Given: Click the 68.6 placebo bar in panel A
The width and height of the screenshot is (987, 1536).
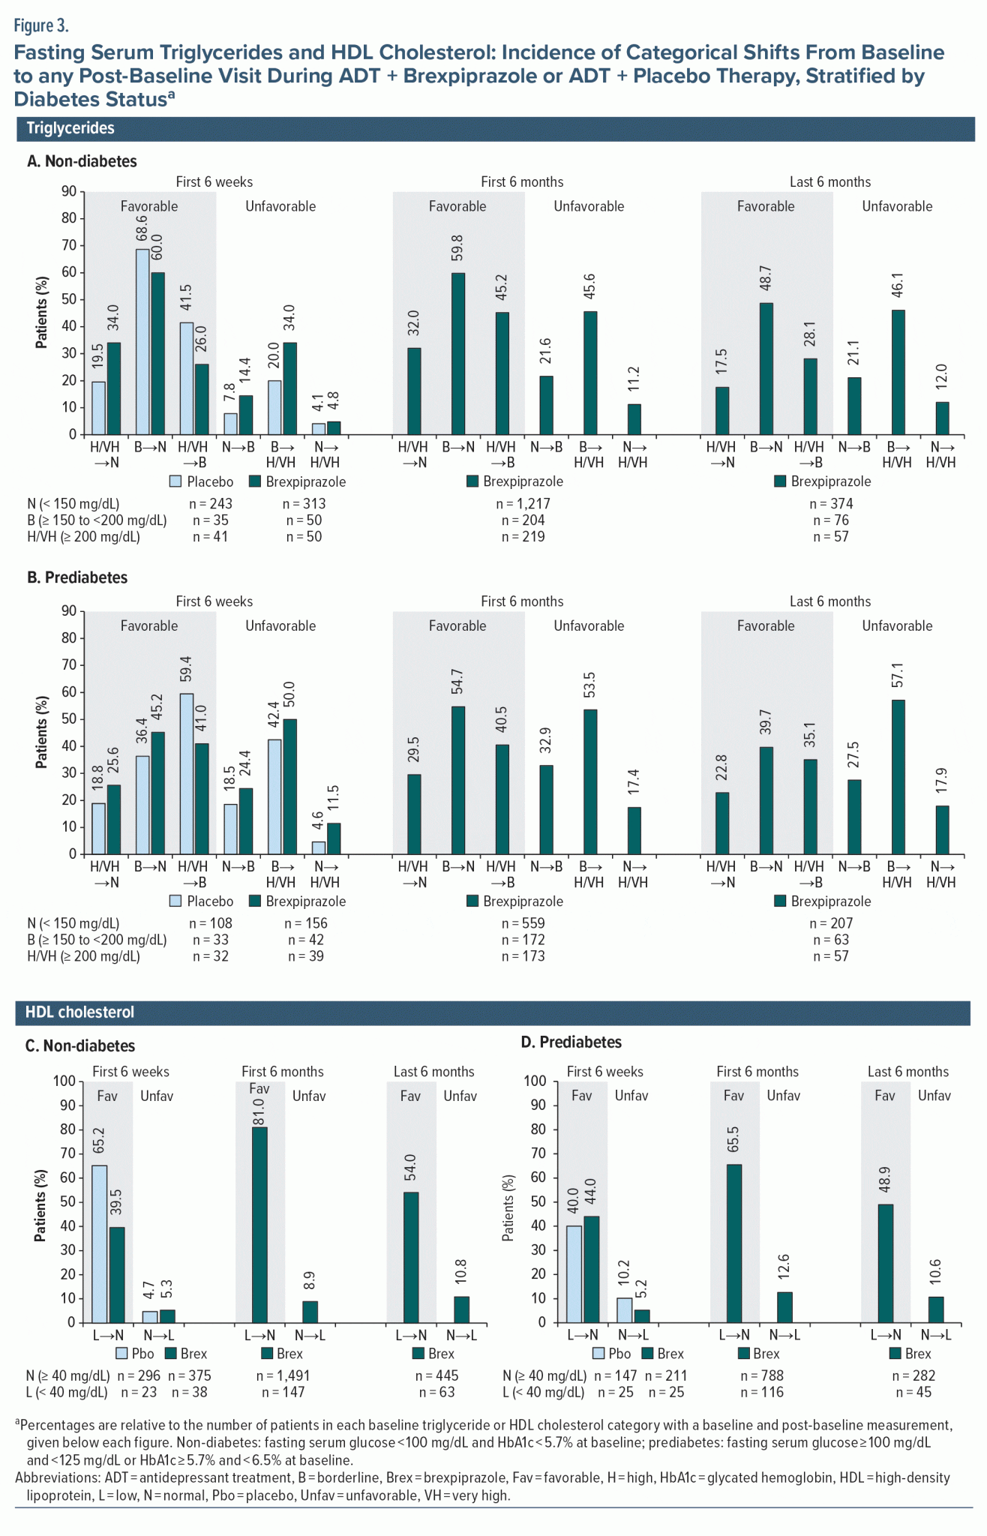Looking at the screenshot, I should click(x=142, y=342).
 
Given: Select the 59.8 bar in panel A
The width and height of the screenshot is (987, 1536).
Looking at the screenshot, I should click(x=457, y=354).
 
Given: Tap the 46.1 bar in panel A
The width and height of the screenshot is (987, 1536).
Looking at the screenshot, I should click(x=898, y=373).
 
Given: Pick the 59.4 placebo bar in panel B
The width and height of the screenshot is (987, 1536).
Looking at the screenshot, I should click(x=186, y=774).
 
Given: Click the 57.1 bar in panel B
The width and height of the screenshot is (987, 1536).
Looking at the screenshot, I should click(x=898, y=777).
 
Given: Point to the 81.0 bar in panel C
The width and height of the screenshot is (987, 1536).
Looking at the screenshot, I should click(x=259, y=1225).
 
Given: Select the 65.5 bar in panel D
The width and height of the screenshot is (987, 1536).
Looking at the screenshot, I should click(x=733, y=1244).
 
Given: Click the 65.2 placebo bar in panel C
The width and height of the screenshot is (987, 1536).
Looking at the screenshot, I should click(x=99, y=1244).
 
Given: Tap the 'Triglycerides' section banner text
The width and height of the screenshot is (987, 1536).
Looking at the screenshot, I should click(x=70, y=128).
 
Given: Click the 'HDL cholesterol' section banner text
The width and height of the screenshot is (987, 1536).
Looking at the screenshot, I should click(x=79, y=1012).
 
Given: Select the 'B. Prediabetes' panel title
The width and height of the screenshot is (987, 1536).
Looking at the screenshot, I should click(x=77, y=577).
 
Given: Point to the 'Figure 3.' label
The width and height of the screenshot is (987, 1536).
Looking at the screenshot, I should click(x=41, y=26).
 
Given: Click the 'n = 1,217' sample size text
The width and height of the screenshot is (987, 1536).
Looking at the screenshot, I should click(x=523, y=504).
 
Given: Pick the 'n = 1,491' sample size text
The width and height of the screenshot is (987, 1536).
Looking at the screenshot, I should click(x=283, y=1375).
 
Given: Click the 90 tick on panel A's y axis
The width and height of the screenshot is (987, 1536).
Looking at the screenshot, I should click(x=69, y=192).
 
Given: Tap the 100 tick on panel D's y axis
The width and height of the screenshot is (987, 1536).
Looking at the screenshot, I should click(x=535, y=1081).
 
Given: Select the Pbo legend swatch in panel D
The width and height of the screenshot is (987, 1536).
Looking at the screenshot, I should click(x=598, y=1354).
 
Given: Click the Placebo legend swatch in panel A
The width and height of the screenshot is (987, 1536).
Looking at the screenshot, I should click(x=175, y=481).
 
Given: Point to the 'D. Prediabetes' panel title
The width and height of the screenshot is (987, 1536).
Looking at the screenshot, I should click(x=571, y=1042).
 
